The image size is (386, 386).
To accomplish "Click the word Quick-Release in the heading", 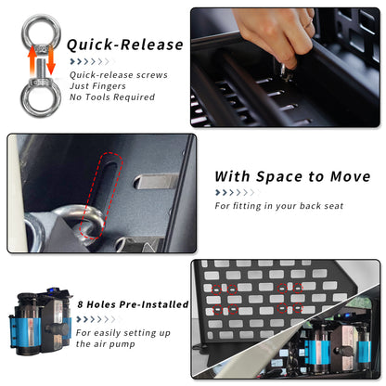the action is (125, 45).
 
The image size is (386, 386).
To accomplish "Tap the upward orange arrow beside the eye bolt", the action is (32, 60).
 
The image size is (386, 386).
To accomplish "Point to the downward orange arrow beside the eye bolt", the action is (51, 60).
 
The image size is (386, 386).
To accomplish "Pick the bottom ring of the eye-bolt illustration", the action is (41, 97).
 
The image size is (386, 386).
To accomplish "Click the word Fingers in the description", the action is (109, 86).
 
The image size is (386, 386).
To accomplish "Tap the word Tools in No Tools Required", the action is (98, 97).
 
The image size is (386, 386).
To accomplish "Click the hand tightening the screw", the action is (276, 35).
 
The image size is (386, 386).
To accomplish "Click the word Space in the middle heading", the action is (280, 177).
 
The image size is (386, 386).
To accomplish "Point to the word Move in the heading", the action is (350, 176).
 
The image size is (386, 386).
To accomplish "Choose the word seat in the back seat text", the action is (332, 206).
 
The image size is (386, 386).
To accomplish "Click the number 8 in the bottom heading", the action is (81, 304).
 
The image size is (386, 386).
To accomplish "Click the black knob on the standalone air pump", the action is (57, 328).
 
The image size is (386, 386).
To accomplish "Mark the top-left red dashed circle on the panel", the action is (216, 289).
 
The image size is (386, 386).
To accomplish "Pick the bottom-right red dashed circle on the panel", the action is (298, 308).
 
